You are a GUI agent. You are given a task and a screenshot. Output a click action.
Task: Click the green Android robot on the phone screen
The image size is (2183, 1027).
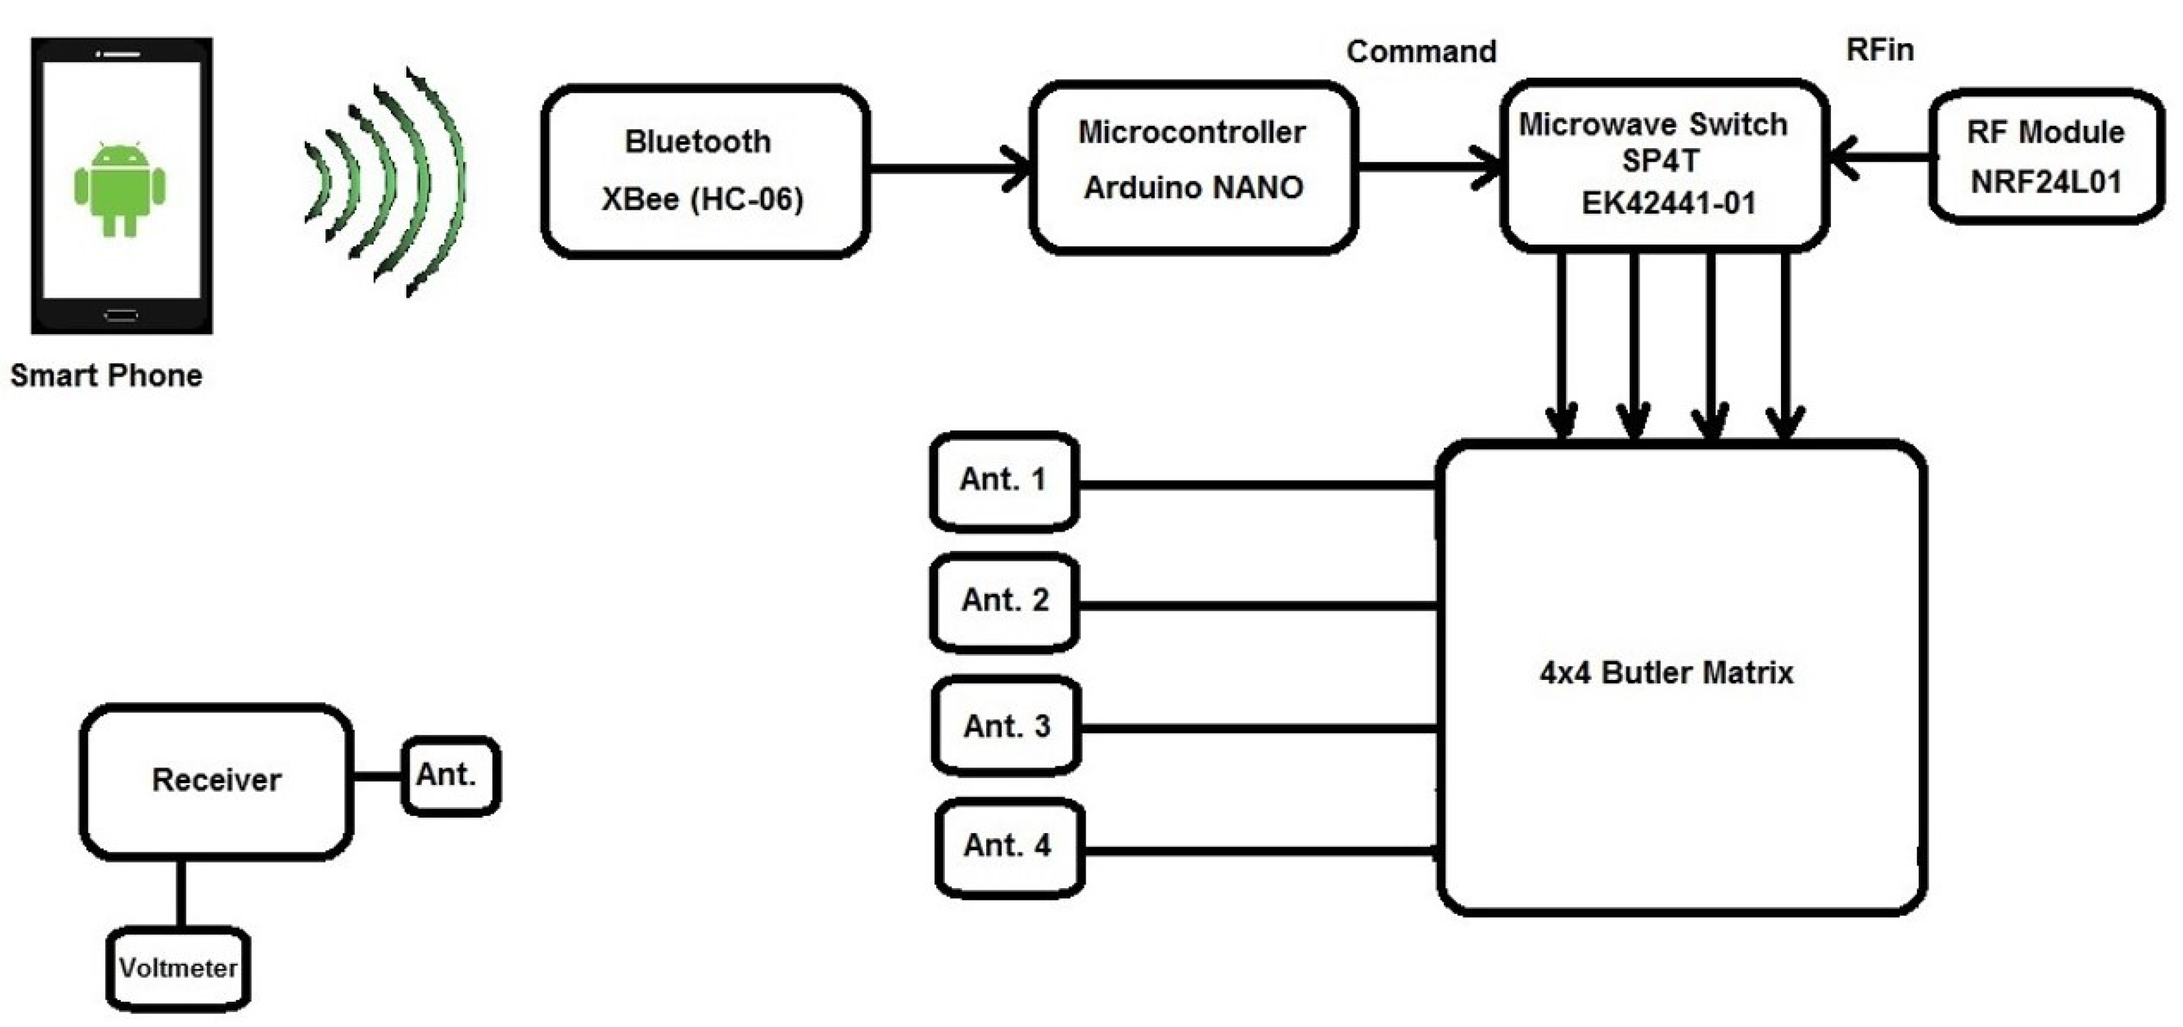click(x=119, y=188)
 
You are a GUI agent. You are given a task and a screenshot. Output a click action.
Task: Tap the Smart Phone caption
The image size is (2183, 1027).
click(x=106, y=375)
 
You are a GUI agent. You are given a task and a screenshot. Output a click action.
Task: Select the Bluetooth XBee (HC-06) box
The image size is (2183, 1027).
click(x=703, y=170)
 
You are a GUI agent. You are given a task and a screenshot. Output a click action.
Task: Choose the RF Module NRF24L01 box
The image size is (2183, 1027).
click(x=2046, y=157)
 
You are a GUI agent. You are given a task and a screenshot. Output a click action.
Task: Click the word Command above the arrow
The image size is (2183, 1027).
click(x=1421, y=52)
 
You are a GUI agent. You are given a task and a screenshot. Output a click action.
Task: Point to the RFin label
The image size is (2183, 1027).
click(x=1880, y=49)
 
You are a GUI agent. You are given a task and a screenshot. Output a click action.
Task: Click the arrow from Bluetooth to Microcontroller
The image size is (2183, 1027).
click(x=949, y=169)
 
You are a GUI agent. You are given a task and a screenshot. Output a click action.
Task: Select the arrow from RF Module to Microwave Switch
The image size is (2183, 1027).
click(x=1881, y=157)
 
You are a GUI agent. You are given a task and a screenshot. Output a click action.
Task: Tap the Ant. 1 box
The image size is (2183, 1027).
click(x=1004, y=480)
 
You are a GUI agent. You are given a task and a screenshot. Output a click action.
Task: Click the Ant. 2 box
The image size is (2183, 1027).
click(x=1004, y=601)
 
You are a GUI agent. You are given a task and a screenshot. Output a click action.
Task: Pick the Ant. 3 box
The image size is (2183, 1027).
click(x=1006, y=726)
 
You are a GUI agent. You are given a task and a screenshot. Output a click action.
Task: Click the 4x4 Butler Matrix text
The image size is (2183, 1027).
click(x=1666, y=673)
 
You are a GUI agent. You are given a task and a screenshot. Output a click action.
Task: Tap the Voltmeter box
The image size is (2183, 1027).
click(x=178, y=968)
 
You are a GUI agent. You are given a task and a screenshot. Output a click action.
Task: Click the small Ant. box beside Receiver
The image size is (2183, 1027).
click(x=449, y=775)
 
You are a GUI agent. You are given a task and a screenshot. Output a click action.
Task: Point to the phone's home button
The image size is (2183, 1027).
click(x=121, y=315)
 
